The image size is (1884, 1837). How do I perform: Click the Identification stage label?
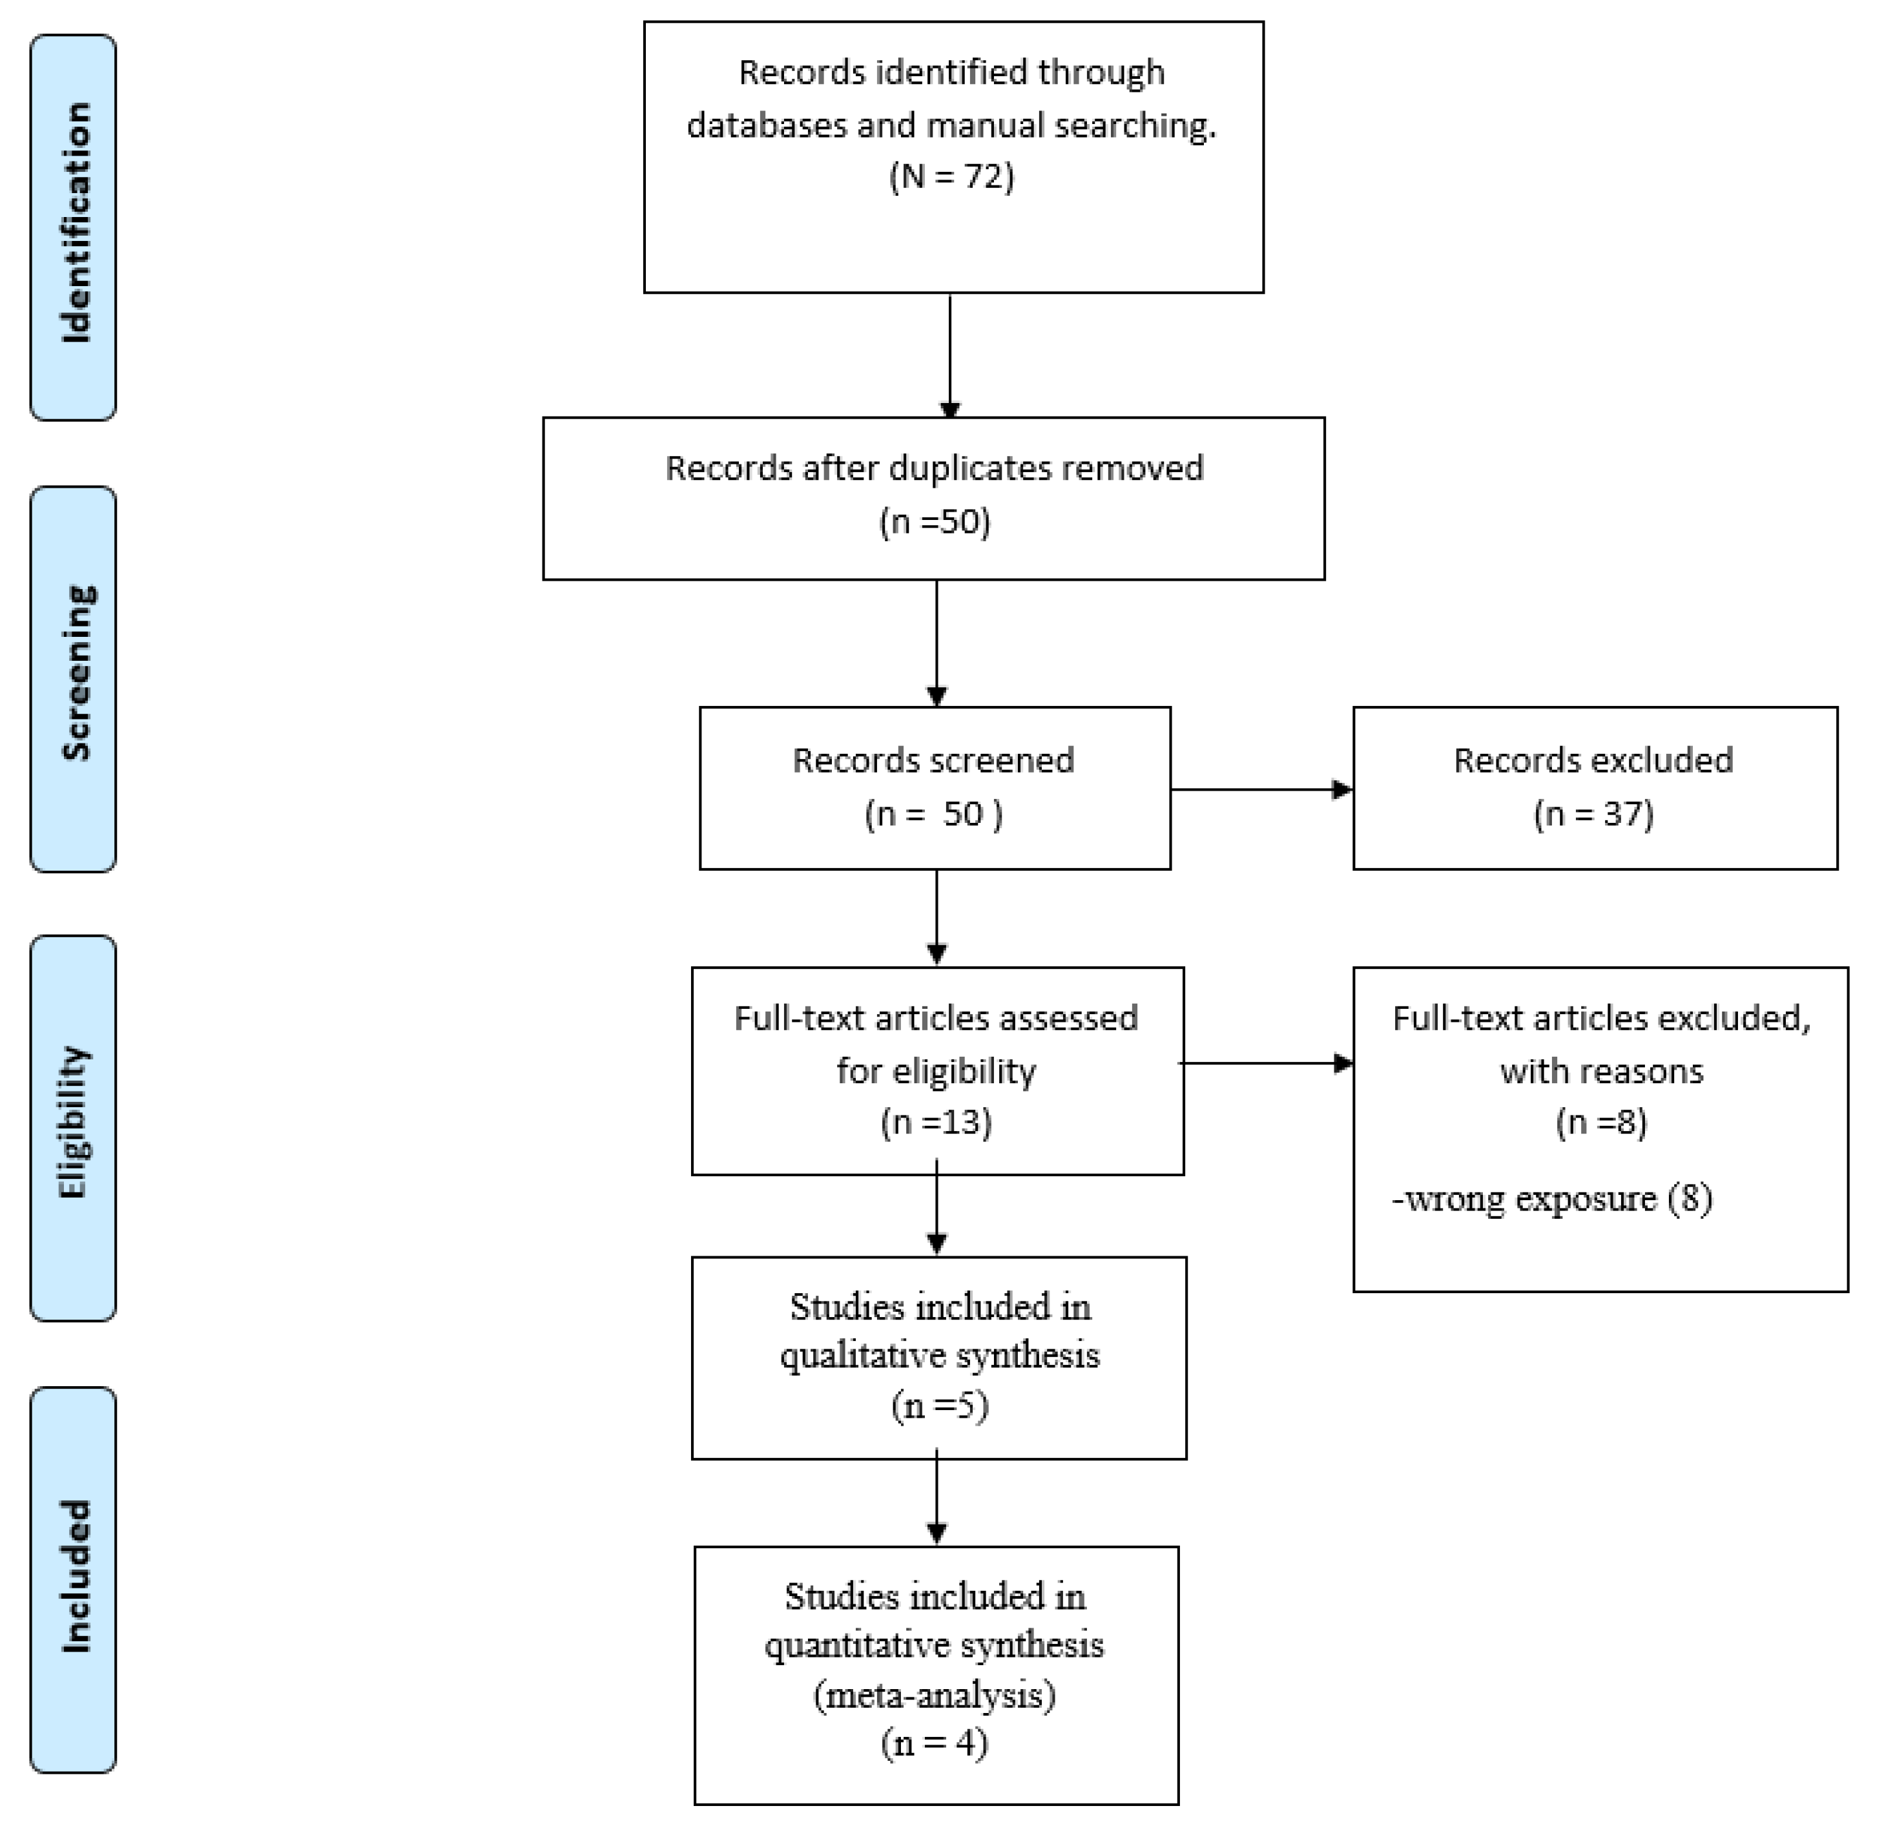[74, 225]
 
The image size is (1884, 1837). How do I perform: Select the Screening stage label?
[74, 674]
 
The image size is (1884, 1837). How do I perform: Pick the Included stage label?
[74, 1577]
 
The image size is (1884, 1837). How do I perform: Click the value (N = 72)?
[951, 176]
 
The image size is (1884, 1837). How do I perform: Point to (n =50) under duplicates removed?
[935, 522]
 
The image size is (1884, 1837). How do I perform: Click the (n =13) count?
[936, 1122]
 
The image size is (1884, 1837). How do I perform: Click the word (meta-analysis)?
[934, 1694]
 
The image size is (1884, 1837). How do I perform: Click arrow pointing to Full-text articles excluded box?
[1267, 1063]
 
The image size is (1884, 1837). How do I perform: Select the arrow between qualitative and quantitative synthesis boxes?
[937, 1501]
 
